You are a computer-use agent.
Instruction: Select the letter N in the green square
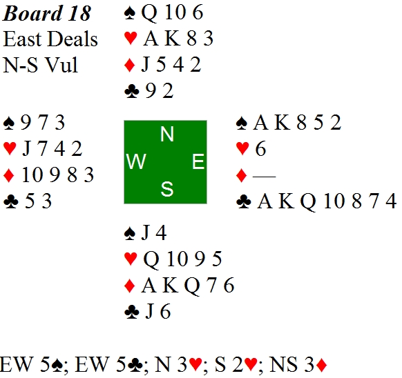[x=167, y=134]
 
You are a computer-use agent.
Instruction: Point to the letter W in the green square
[x=136, y=161]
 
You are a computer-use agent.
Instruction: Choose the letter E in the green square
[x=198, y=161]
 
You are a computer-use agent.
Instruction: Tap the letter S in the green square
[x=167, y=189]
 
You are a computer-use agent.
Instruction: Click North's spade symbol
[x=130, y=13]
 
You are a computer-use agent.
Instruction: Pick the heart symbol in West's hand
[x=10, y=149]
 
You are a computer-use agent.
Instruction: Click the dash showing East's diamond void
[x=264, y=177]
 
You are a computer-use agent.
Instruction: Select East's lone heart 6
[x=260, y=149]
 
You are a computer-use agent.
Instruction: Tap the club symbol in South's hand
[x=131, y=312]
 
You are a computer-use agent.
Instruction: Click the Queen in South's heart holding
[x=151, y=259]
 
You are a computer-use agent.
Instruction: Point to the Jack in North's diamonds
[x=145, y=65]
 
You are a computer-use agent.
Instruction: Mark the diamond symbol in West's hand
[x=9, y=175]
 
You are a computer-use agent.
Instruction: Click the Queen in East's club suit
[x=308, y=202]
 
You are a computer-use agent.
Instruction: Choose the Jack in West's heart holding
[x=26, y=149]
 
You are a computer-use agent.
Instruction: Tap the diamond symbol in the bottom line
[x=321, y=365]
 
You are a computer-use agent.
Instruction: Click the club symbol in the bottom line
[x=135, y=365]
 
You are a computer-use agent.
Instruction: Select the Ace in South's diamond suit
[x=149, y=285]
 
